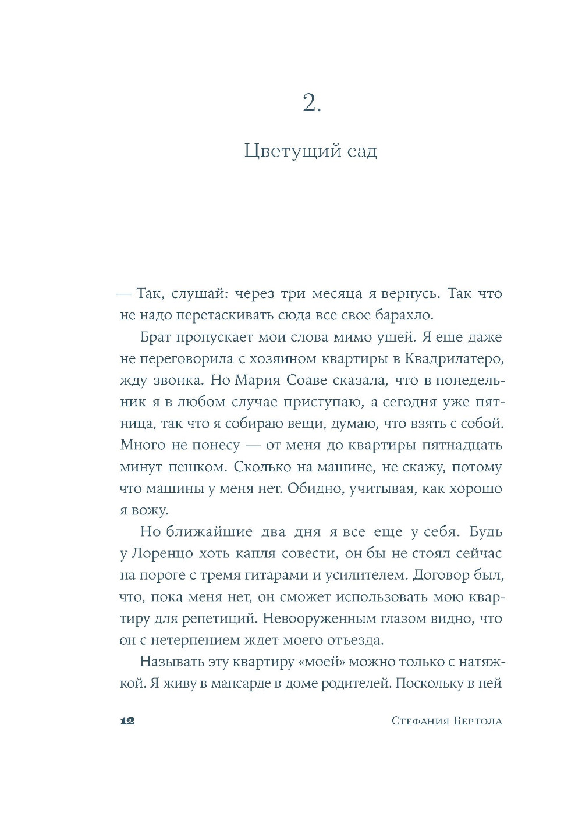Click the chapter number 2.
pos(311,103)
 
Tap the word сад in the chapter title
pos(361,151)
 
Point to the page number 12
pos(127,721)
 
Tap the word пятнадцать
pos(459,445)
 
